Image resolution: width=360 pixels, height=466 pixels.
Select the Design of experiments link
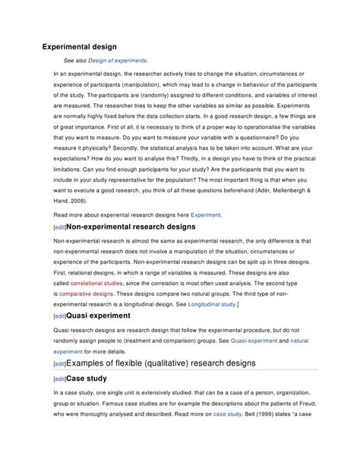(x=117, y=60)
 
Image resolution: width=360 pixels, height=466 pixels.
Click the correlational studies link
(x=96, y=282)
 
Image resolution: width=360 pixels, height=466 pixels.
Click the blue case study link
(x=226, y=426)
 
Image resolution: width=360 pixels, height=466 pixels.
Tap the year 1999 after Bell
(x=271, y=426)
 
